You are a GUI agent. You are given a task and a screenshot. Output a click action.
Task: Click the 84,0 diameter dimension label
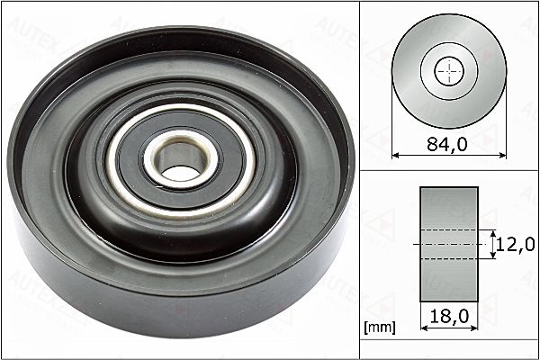pos(447,144)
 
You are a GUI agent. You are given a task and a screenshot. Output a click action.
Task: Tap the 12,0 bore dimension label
pos(516,244)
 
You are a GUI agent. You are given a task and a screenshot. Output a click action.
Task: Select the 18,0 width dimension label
pos(449,316)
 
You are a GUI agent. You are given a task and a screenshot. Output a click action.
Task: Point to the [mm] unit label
pos(380,327)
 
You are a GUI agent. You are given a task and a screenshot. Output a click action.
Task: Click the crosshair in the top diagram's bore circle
pos(449,71)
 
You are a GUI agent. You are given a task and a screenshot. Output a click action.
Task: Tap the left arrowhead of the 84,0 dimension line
pos(395,156)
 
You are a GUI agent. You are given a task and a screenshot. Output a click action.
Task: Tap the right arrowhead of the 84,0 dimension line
pos(503,156)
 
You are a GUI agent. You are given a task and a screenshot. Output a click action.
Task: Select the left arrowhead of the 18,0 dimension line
pos(424,328)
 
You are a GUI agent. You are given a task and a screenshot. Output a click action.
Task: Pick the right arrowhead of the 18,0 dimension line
pos(474,328)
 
